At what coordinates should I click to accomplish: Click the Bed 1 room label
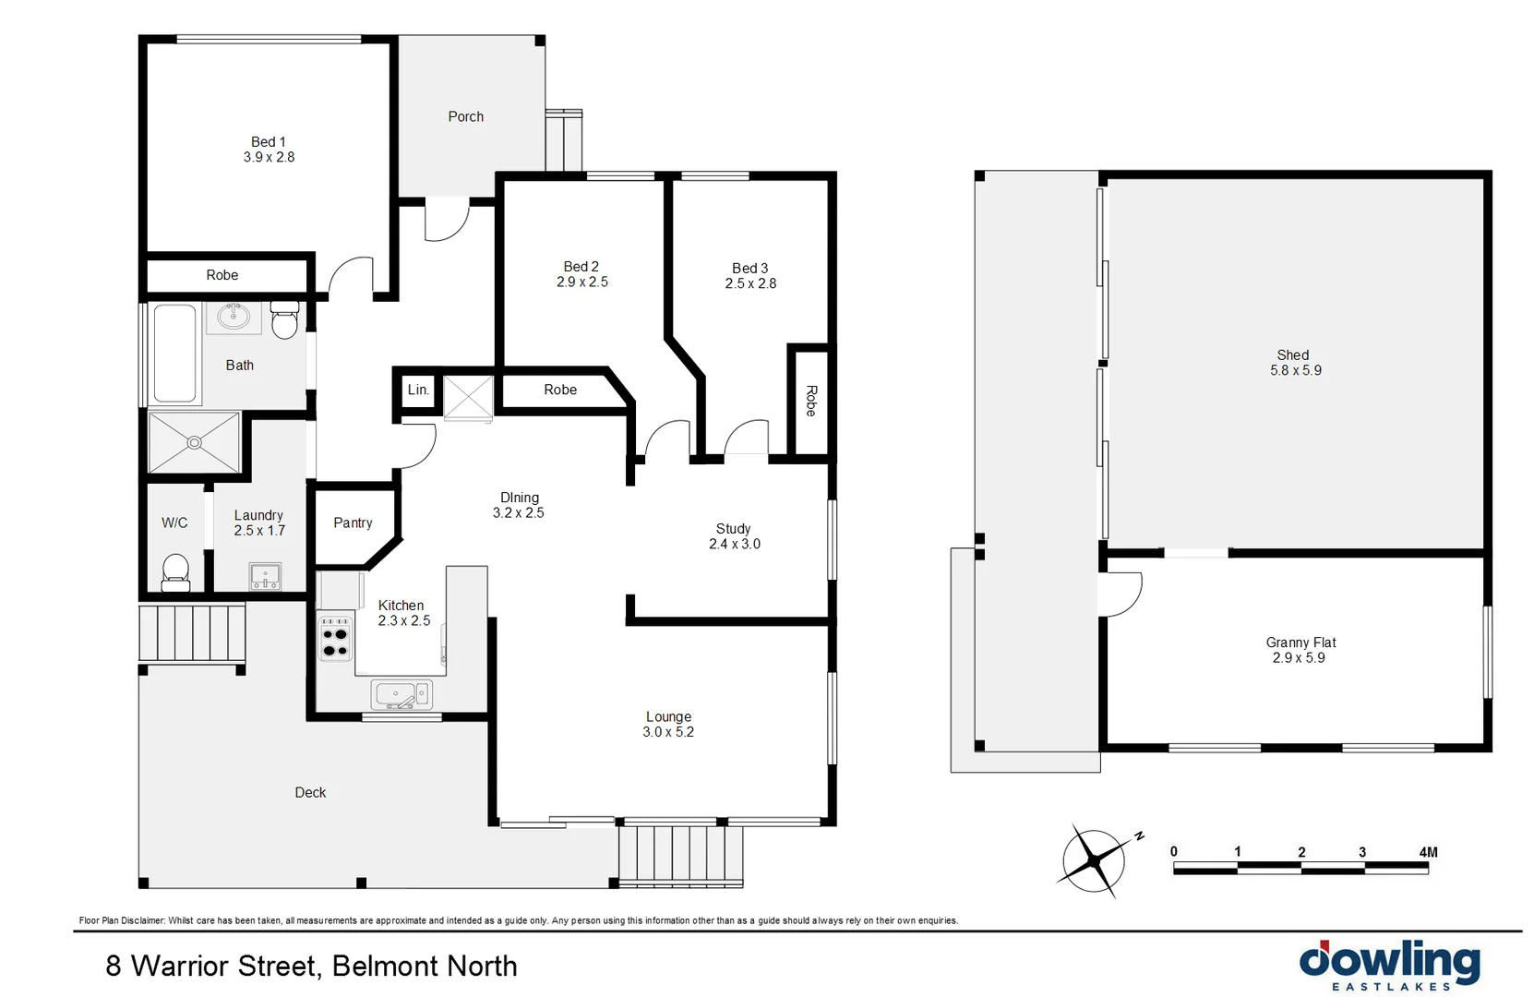(269, 142)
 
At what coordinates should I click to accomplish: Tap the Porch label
(465, 116)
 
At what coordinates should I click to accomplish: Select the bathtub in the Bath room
(174, 353)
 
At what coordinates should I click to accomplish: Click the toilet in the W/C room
(175, 571)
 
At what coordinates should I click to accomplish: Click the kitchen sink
(401, 694)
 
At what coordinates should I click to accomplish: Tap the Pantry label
(353, 523)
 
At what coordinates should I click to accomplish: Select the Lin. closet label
(418, 390)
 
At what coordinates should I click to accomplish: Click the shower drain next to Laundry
(195, 443)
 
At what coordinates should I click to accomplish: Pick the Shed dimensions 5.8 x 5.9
(1295, 370)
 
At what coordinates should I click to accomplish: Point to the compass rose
(1095, 860)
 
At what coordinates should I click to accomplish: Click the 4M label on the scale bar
(1428, 852)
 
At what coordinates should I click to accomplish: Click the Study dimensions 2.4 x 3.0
(734, 544)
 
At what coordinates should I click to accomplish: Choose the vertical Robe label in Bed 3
(811, 401)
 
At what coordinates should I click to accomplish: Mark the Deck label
(310, 792)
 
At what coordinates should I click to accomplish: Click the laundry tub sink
(265, 577)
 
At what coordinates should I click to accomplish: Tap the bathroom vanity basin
(234, 318)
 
